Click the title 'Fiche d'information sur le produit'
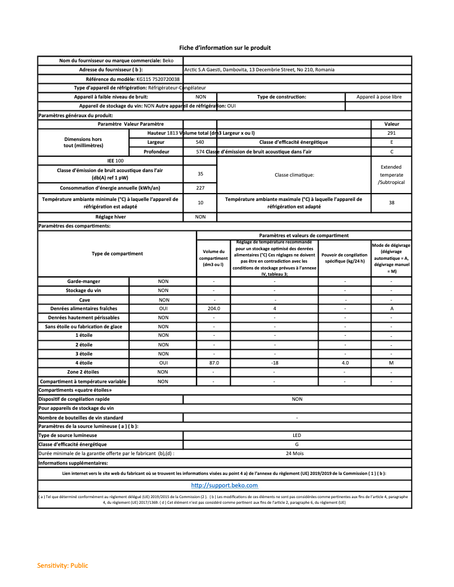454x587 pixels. coord(225,48)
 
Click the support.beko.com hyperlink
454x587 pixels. coord(224,486)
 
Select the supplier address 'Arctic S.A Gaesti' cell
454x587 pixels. coord(259,70)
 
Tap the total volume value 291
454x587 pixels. coord(391,132)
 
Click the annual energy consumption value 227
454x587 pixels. coord(200,188)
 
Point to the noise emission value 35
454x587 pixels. coord(200,174)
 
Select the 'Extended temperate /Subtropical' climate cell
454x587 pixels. coord(391,174)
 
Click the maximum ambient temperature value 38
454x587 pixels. coord(391,202)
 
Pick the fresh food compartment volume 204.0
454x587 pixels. coord(213,309)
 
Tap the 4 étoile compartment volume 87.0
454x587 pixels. coord(213,363)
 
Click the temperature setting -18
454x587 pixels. coord(275,363)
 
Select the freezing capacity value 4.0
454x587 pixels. coord(345,363)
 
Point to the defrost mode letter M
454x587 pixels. coord(391,363)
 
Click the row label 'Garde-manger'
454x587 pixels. coord(83,281)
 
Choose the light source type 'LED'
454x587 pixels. coord(297,435)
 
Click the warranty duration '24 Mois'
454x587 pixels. coord(297,453)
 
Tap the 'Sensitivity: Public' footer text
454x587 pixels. coord(63,565)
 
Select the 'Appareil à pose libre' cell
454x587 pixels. coord(379,97)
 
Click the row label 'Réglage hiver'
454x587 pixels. coord(110,217)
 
